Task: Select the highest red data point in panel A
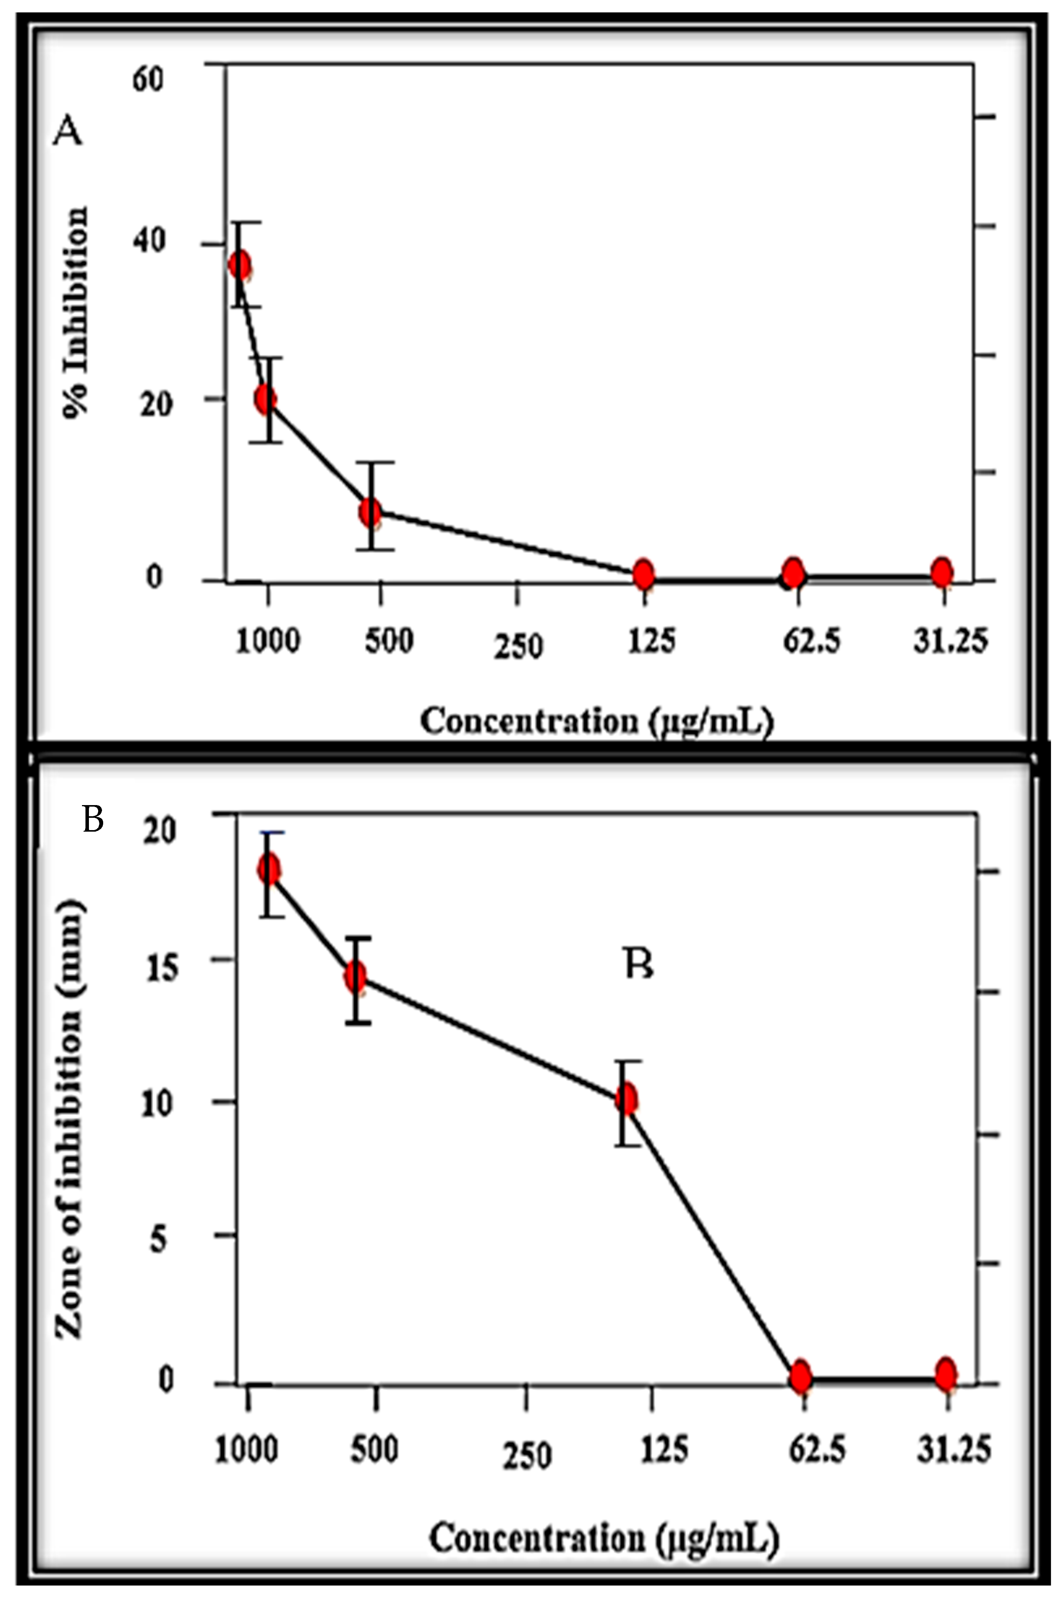click(239, 265)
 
